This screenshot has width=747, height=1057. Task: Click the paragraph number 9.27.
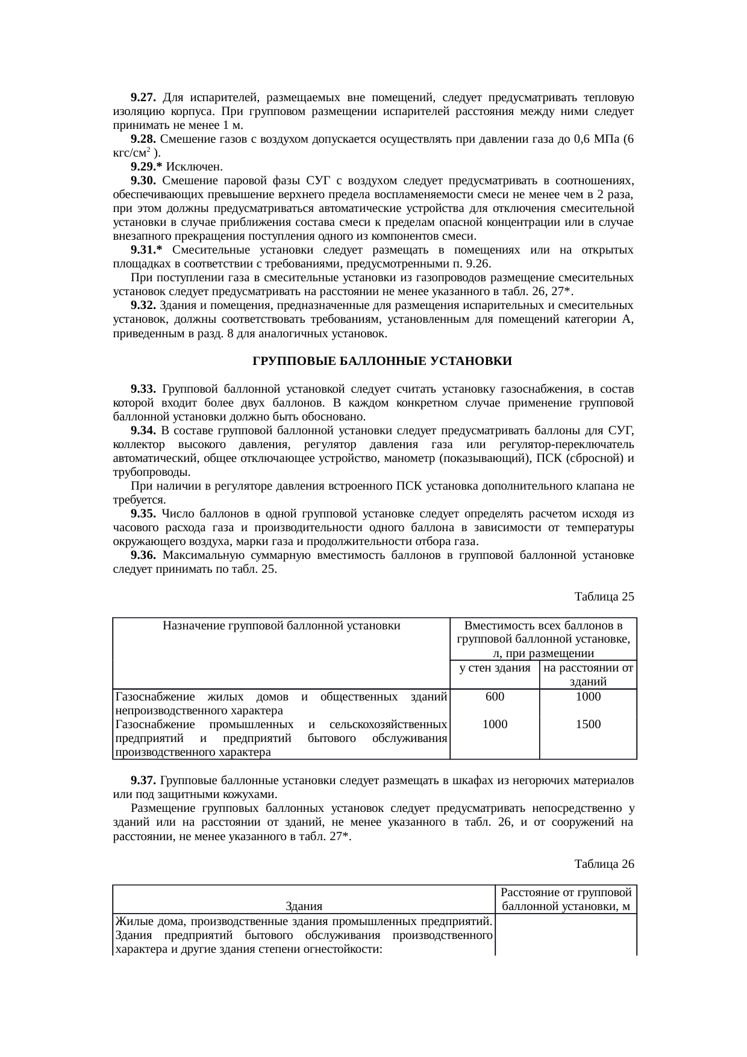(143, 98)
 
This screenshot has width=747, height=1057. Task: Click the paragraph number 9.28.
(143, 139)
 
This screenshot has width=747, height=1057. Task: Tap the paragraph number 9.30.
(143, 181)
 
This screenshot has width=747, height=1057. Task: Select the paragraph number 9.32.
(143, 305)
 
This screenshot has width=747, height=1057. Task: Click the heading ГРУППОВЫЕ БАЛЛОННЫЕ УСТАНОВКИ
(381, 361)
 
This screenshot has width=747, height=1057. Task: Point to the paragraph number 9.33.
(143, 388)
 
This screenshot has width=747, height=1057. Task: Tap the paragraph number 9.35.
(143, 514)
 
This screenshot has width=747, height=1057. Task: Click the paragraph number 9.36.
(143, 555)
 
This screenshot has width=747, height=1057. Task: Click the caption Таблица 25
(604, 597)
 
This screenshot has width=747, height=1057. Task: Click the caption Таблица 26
(604, 864)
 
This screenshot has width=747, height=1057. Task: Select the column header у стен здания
(495, 668)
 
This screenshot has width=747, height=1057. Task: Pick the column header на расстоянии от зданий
(588, 675)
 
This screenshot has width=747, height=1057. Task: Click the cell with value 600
(495, 697)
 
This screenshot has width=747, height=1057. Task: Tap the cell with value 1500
(588, 725)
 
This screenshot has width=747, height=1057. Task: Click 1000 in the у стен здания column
(495, 725)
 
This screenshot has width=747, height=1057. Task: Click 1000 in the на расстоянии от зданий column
(588, 697)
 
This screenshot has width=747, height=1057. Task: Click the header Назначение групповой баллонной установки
(281, 626)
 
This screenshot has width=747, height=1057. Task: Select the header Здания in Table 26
(304, 906)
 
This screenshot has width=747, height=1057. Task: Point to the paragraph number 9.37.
(143, 781)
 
